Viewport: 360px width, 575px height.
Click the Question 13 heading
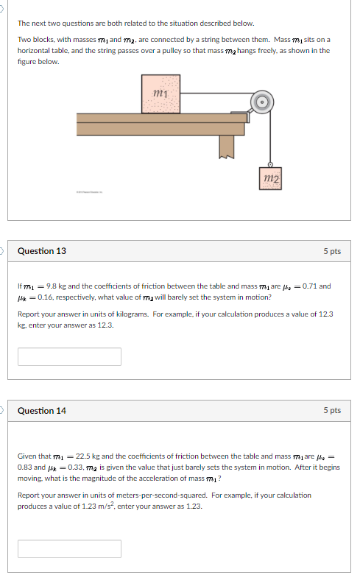(42, 251)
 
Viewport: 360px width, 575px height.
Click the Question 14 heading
(42, 410)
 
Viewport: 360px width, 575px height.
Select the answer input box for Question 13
(69, 356)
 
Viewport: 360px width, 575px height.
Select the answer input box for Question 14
(69, 548)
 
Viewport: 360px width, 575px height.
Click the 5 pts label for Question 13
(332, 251)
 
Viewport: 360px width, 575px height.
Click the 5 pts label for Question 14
(332, 410)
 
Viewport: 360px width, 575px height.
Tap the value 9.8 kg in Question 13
(56, 286)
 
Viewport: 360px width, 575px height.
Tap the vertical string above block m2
(271, 140)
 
